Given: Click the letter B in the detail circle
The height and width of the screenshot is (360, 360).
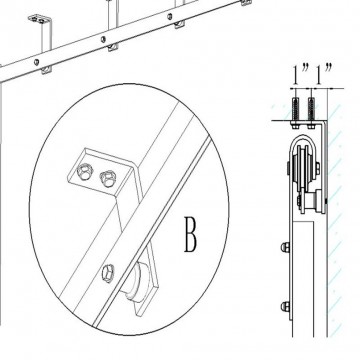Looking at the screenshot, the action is [191, 234].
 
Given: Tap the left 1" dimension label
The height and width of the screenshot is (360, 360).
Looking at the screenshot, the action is [301, 74].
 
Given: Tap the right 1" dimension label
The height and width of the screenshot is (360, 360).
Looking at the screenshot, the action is [324, 74].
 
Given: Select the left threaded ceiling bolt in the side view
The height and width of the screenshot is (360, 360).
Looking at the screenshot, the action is [296, 110].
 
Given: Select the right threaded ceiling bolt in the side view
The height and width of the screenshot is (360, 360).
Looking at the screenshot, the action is [311, 110].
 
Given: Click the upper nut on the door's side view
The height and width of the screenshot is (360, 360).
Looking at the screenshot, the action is [285, 247].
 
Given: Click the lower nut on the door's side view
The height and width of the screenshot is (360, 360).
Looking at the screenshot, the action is [285, 306].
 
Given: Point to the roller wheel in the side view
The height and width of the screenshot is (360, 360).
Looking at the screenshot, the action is [304, 169].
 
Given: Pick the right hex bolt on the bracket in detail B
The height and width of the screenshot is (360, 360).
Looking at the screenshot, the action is [108, 178].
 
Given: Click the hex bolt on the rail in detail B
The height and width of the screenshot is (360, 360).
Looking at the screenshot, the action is [108, 273].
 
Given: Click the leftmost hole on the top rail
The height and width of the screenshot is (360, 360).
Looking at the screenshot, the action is [36, 62].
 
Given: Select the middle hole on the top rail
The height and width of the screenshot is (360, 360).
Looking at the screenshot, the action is [103, 39].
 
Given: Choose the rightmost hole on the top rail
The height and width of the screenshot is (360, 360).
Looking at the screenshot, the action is [170, 16].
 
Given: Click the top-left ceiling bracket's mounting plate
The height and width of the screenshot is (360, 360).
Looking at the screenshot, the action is [40, 19].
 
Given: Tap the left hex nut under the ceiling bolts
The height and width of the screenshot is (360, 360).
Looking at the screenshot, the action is [296, 126].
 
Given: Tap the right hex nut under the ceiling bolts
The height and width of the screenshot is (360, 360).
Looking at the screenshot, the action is [311, 126].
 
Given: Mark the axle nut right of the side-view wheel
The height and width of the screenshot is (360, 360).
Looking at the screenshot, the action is [318, 168].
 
